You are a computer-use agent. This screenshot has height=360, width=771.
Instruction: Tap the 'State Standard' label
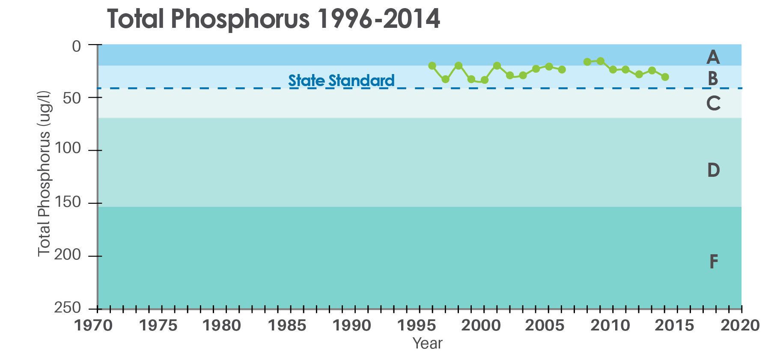pos(341,80)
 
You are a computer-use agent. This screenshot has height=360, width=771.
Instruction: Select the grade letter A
pos(713,57)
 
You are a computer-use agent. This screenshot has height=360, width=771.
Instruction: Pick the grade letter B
pos(713,79)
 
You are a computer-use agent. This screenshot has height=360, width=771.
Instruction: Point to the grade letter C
pos(713,104)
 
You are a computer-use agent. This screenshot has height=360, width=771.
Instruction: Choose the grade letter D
pos(713,170)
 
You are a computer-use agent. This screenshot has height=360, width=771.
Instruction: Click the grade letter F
pos(713,262)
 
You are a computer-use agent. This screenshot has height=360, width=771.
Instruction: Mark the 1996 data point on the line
pos(432,65)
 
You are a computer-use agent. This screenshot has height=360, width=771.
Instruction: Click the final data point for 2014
pos(665,77)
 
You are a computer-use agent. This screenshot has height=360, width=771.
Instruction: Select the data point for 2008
pos(587,62)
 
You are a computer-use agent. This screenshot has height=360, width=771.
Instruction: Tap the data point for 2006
pos(562,69)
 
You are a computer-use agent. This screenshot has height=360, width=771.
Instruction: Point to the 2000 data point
pos(485,80)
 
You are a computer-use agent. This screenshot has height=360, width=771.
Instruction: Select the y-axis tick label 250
pos(67,308)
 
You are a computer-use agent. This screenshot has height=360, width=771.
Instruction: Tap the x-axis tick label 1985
pos(286,326)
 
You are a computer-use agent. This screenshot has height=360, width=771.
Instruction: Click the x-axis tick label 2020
pos(740,326)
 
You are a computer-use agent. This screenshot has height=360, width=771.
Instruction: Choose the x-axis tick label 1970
pos(94,326)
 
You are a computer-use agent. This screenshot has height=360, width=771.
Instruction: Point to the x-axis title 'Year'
pos(427,343)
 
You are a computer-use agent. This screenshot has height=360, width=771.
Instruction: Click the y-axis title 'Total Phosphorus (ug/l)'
pos(45,173)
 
